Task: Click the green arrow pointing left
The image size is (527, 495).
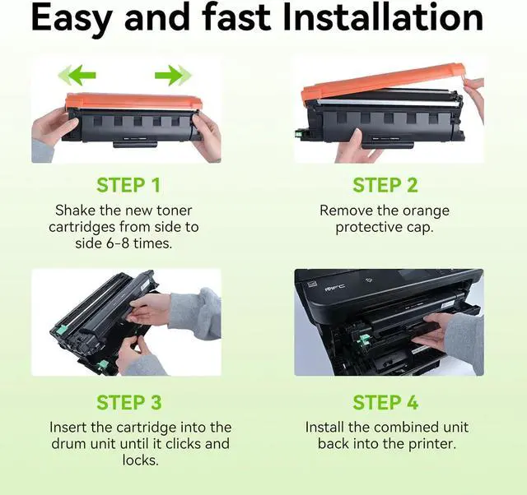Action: click(x=77, y=75)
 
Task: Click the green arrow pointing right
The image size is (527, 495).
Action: click(x=173, y=75)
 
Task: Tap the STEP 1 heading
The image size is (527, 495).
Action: click(x=128, y=185)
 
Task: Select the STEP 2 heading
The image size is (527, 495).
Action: click(x=385, y=185)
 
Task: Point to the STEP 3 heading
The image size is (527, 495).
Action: click(x=129, y=402)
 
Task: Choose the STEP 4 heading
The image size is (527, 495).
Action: click(x=385, y=402)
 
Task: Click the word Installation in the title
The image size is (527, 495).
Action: click(x=383, y=16)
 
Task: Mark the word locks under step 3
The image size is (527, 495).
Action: click(x=140, y=460)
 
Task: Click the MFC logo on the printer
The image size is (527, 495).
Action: click(x=335, y=287)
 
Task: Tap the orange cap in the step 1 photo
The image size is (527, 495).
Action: click(x=133, y=101)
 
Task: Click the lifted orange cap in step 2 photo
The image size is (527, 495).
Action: click(x=383, y=81)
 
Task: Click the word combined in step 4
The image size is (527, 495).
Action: click(x=408, y=428)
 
